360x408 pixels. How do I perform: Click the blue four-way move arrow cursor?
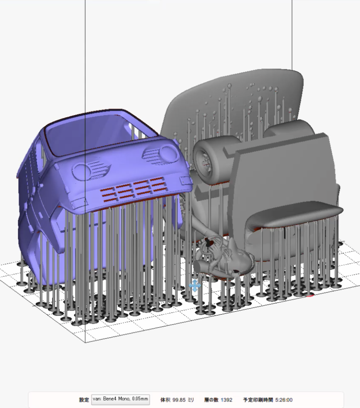[195, 286]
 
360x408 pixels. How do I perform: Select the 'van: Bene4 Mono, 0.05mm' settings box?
[120, 400]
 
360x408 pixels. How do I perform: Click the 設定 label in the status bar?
[84, 400]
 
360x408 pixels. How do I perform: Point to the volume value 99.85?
[179, 400]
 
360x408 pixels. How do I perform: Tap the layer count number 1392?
[226, 400]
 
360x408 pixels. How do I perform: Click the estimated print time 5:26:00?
[284, 400]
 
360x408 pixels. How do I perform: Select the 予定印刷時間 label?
[258, 400]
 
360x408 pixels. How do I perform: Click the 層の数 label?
[211, 400]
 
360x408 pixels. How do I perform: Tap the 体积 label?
[165, 400]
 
